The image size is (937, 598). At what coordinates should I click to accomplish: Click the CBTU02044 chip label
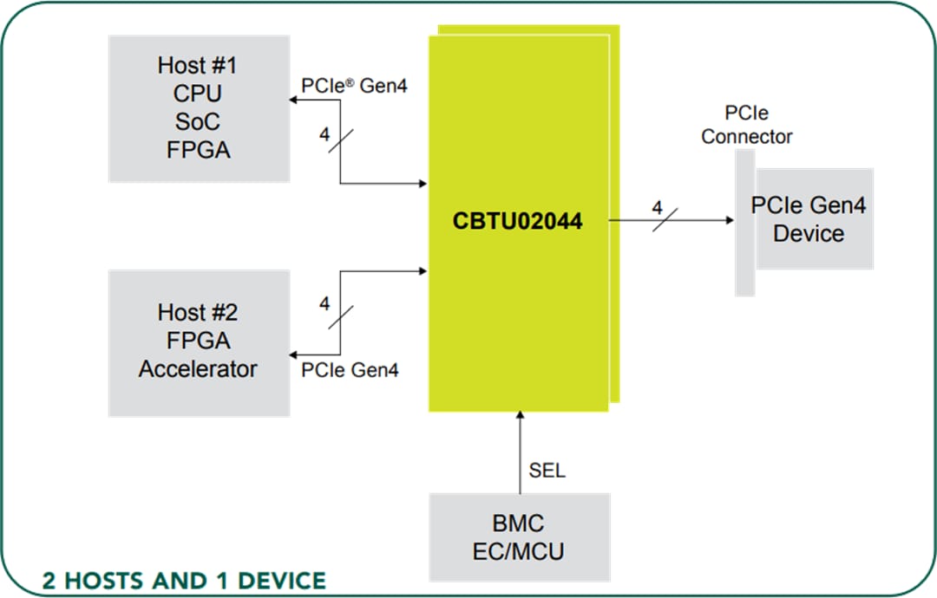517,221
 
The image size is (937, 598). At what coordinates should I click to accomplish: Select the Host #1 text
198,65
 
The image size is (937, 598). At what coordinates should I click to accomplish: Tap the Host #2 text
198,311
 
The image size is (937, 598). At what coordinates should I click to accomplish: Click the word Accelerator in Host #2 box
198,368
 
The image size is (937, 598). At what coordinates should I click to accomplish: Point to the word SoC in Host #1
198,121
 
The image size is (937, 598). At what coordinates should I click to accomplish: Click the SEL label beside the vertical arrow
547,471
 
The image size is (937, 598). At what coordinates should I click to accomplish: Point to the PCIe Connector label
746,126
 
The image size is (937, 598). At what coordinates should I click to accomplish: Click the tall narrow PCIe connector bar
744,223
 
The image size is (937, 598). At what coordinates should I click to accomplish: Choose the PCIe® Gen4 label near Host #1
354,87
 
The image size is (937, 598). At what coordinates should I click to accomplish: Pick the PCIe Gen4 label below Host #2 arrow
351,370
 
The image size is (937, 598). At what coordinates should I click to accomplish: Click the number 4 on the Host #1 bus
324,135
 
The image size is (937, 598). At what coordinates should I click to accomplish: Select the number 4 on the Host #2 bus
324,303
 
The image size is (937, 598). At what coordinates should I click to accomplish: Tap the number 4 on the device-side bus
657,208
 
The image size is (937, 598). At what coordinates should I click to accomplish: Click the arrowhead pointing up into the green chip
519,419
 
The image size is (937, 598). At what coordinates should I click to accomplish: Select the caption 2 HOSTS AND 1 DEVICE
184,580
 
